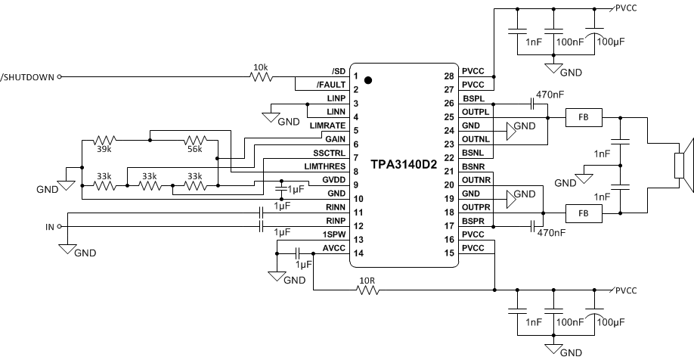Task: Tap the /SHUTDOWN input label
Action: click(28, 77)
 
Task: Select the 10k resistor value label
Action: click(259, 67)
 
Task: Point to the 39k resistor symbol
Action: click(104, 141)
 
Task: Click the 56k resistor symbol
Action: click(195, 141)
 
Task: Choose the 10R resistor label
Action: click(367, 280)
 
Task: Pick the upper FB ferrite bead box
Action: click(584, 117)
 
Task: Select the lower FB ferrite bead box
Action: click(584, 214)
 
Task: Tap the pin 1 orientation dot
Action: click(368, 79)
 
